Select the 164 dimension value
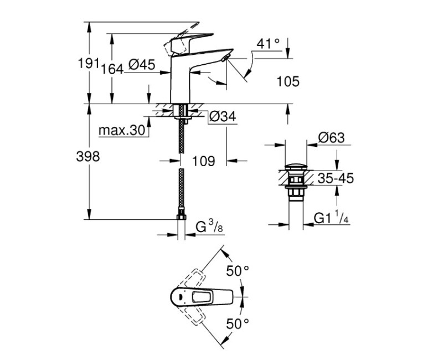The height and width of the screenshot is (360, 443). (112, 69)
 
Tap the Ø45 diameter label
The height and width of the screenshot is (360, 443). (141, 65)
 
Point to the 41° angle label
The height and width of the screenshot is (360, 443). (269, 43)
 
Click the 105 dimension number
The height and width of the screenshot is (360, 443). (287, 82)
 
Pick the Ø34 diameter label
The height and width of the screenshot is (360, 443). (223, 116)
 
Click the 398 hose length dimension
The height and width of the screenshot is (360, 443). (87, 157)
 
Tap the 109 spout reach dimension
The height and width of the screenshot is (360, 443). (203, 161)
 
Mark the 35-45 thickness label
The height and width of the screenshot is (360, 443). (336, 178)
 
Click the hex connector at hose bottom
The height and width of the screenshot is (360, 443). (181, 216)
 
